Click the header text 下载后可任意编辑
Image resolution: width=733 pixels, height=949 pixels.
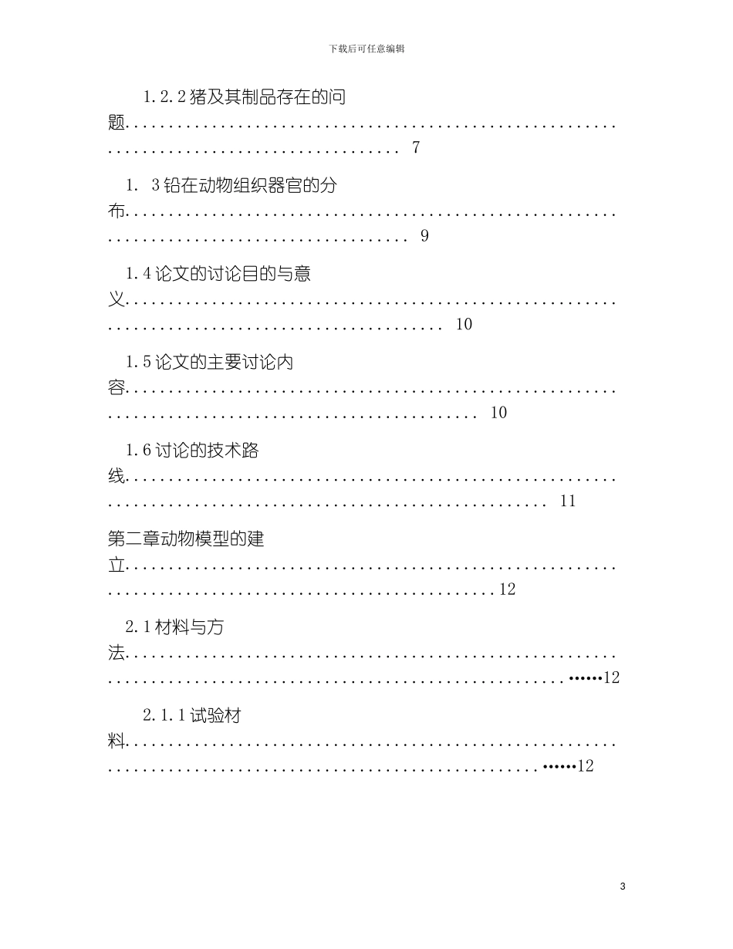point(366,49)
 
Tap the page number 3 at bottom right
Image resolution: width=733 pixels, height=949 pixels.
point(623,887)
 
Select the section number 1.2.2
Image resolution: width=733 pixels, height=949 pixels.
point(164,97)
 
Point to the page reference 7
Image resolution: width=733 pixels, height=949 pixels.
point(416,148)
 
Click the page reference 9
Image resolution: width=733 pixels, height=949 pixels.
point(424,236)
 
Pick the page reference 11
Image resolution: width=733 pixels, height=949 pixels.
point(568,502)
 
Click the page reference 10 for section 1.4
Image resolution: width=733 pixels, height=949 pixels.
point(464,325)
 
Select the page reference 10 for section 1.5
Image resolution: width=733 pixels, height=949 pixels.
point(499,413)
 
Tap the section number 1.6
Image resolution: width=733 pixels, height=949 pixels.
point(139,451)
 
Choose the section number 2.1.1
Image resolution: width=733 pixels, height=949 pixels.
point(164,716)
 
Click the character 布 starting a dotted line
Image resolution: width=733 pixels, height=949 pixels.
point(117,212)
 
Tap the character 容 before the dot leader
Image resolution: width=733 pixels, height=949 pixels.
point(117,389)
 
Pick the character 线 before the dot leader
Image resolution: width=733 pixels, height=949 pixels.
point(117,478)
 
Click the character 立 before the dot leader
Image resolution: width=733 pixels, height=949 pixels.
point(117,566)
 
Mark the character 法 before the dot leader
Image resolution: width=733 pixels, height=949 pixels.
point(117,654)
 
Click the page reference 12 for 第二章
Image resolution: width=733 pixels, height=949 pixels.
point(507,589)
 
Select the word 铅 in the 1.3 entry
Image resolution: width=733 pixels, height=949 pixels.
point(170,185)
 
